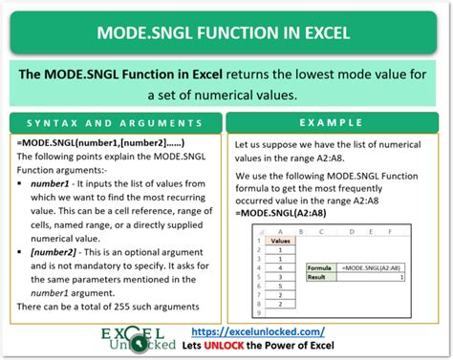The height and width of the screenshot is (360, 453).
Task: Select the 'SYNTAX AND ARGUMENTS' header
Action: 115,124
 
